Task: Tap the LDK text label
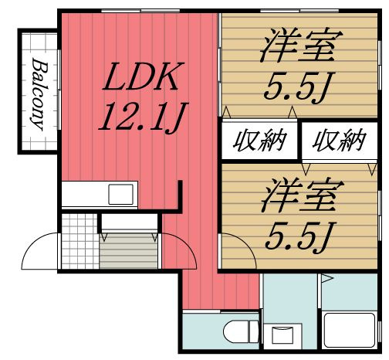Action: [144, 79]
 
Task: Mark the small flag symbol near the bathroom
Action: [326, 279]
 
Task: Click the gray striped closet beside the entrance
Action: [128, 251]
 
